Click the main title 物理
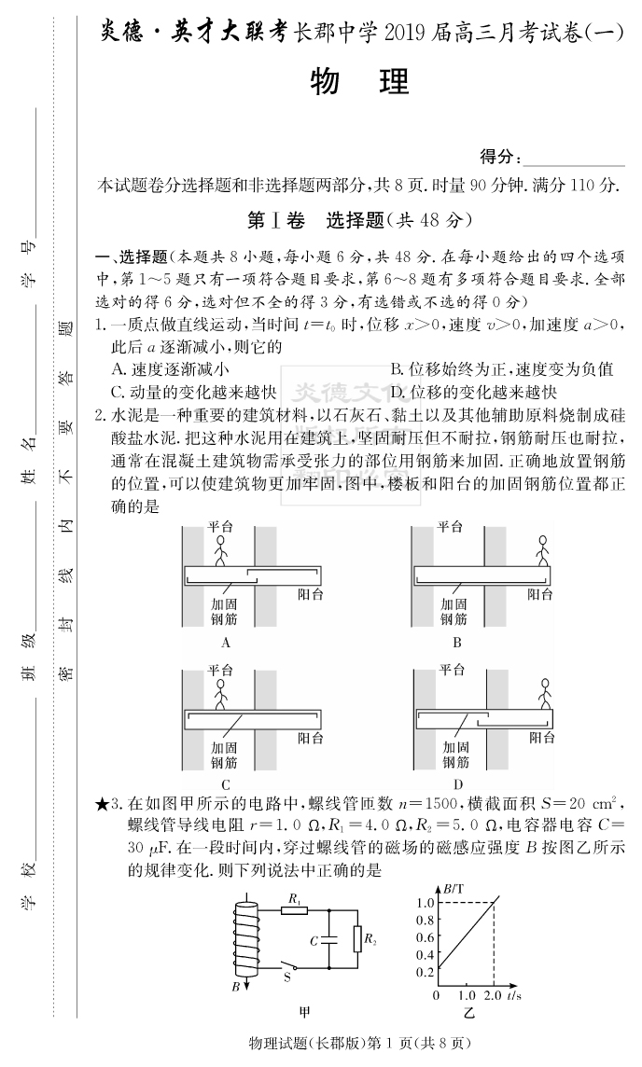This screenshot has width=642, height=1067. click(x=358, y=83)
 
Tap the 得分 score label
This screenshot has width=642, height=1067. click(x=498, y=156)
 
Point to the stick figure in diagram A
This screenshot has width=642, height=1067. click(x=221, y=550)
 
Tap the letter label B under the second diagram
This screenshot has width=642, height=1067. click(x=457, y=643)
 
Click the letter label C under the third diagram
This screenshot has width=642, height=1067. click(x=226, y=784)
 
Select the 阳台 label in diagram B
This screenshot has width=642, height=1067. click(x=539, y=593)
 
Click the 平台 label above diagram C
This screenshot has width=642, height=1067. click(x=220, y=670)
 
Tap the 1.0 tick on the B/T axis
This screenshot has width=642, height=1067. click(x=426, y=902)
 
